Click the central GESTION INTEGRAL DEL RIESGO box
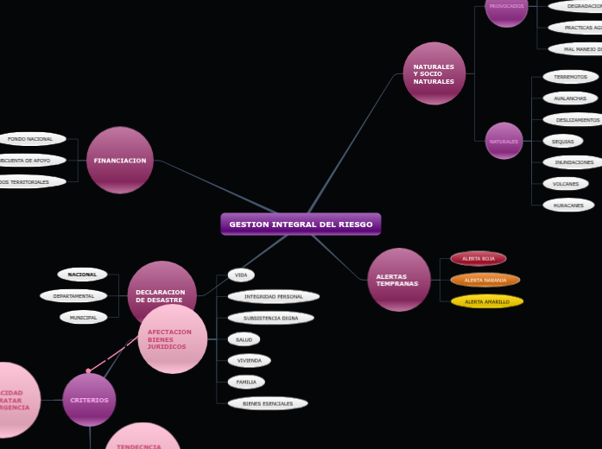coord(301,224)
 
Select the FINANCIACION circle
coord(120,161)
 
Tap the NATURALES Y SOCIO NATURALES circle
coord(434,73)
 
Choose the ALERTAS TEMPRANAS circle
coord(398,280)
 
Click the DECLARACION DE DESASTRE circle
coord(162,294)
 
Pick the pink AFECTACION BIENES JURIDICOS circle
coord(173,339)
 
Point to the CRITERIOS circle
coord(89,400)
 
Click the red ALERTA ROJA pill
coord(478,258)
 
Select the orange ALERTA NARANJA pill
coord(485,280)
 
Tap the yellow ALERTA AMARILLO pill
coord(487,301)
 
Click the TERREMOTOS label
coord(571,77)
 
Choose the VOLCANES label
coord(566,184)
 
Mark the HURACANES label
coord(568,206)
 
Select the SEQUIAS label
coord(563,141)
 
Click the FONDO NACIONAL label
coord(32,139)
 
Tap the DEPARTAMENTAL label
coord(74,295)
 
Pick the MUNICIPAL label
coord(84,317)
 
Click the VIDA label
coord(242,275)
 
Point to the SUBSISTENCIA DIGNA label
coord(271,318)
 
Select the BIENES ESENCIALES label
coord(268,403)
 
